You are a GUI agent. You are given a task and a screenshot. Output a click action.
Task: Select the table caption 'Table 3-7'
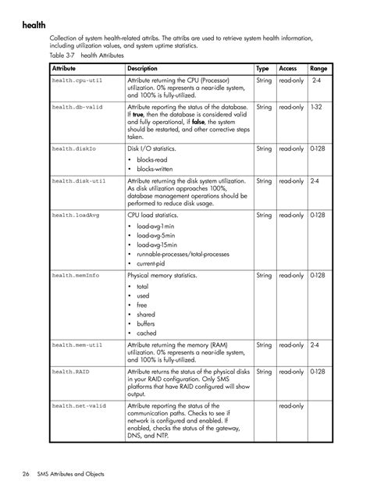click(63, 56)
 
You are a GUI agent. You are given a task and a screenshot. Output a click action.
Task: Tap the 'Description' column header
click(143, 69)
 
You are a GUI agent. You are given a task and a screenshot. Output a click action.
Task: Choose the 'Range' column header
click(318, 69)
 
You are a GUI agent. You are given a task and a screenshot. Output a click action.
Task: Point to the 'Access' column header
click(288, 69)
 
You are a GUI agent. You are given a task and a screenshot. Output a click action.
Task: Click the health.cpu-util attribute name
click(78, 80)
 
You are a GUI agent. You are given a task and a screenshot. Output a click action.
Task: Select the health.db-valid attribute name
click(78, 106)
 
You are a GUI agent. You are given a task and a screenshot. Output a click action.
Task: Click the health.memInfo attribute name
click(76, 276)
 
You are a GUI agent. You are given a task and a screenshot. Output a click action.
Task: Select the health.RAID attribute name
click(70, 372)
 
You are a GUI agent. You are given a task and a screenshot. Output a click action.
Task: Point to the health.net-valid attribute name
click(80, 406)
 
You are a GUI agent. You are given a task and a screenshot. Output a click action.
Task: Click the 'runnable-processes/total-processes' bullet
click(183, 255)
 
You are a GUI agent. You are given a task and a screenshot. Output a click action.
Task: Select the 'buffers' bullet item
click(146, 323)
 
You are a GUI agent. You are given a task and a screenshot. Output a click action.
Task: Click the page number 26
click(26, 474)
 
